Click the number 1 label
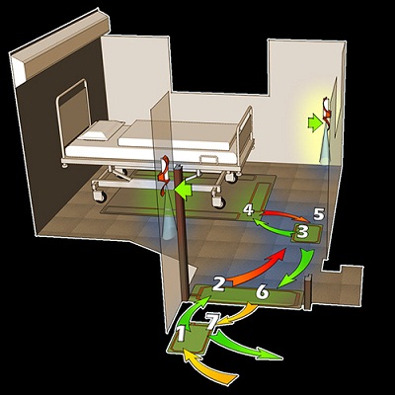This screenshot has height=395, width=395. (181, 333)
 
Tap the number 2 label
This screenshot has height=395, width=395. (218, 283)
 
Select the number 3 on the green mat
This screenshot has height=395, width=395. (302, 231)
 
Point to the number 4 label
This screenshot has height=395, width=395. (249, 210)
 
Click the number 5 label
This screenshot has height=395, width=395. (319, 214)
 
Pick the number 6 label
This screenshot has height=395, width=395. (263, 292)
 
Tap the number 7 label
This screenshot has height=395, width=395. (211, 321)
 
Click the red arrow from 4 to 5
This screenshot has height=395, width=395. (285, 214)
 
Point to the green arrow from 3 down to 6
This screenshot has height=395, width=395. (298, 269)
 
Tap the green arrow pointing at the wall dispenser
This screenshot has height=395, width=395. (315, 122)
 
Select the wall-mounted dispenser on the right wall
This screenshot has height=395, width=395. (327, 112)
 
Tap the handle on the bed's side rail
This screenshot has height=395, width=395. (208, 159)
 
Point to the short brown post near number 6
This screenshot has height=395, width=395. (308, 291)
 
